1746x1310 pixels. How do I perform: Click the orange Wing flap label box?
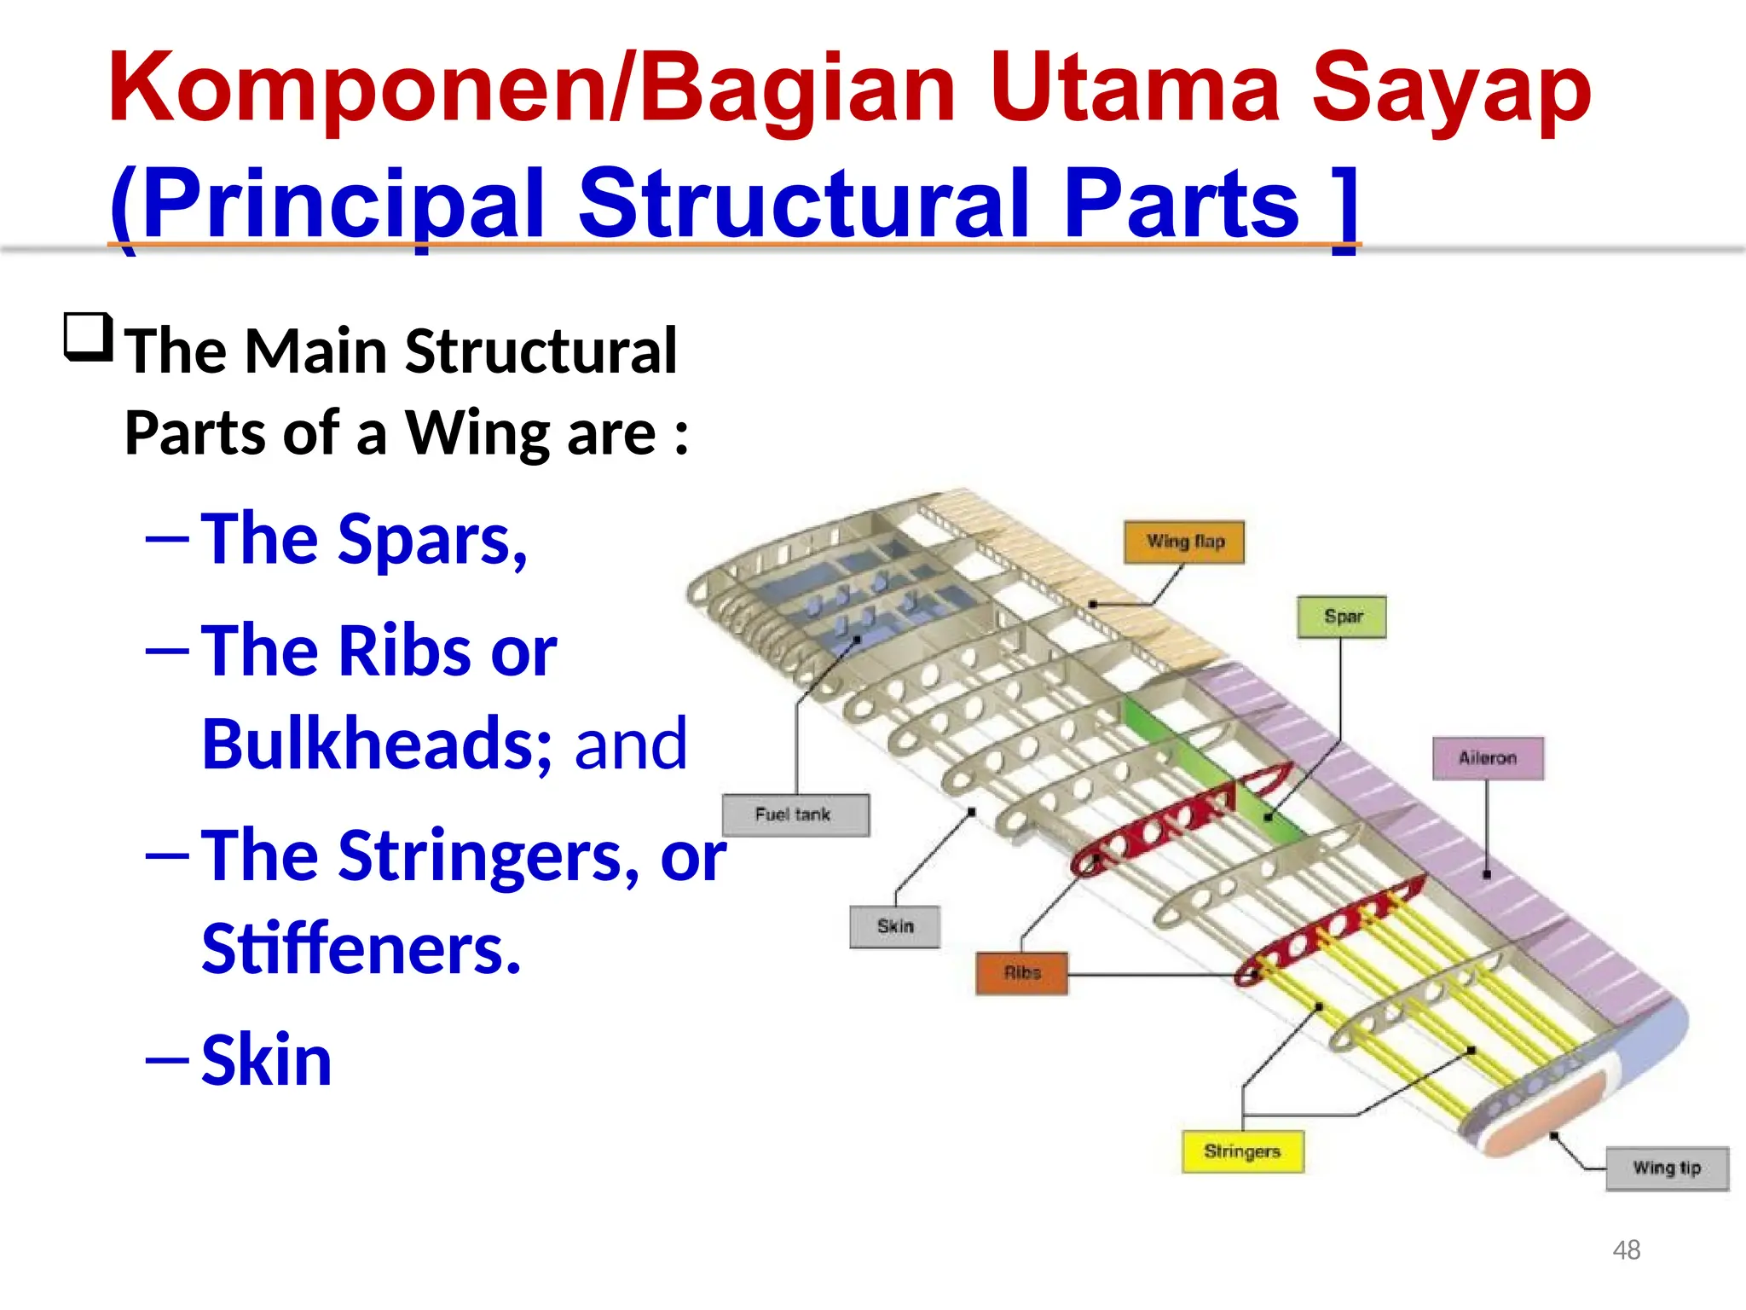click(x=1183, y=542)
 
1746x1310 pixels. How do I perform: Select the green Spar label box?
click(x=1342, y=617)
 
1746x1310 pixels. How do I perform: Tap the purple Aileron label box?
click(x=1488, y=758)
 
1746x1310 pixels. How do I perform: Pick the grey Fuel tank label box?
click(x=795, y=815)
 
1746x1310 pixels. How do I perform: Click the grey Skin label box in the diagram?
click(x=895, y=927)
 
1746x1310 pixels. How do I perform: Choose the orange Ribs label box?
click(x=1022, y=973)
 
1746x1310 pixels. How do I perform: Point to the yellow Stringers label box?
click(x=1242, y=1152)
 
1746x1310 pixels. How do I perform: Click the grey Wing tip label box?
click(x=1667, y=1168)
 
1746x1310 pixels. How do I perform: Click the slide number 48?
click(x=1626, y=1250)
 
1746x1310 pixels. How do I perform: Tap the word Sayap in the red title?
click(x=1451, y=90)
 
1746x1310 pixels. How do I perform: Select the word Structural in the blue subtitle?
click(x=803, y=204)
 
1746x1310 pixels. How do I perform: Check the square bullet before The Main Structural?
click(x=89, y=338)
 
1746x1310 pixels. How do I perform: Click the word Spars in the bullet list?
click(x=431, y=540)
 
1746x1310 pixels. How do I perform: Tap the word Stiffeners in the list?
click(x=361, y=948)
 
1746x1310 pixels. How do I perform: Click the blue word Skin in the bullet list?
click(x=266, y=1060)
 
